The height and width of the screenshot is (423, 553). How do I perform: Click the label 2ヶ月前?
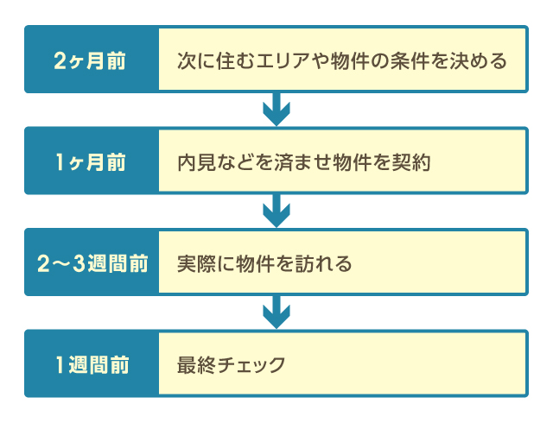90,62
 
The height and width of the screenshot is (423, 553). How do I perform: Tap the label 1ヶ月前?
90,162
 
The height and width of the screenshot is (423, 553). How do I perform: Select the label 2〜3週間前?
90,263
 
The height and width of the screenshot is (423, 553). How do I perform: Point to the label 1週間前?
90,364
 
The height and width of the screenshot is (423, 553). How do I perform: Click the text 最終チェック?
231,364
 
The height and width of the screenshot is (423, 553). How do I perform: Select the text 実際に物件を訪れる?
264,263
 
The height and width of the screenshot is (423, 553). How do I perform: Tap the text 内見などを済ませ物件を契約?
303,162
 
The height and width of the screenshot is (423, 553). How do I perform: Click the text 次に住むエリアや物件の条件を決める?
340,62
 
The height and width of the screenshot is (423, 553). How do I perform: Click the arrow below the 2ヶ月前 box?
276,110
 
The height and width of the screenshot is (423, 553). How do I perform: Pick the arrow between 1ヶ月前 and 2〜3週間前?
276,211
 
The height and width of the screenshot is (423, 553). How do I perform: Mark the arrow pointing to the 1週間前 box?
276,312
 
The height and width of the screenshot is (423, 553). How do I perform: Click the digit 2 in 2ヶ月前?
59,62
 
